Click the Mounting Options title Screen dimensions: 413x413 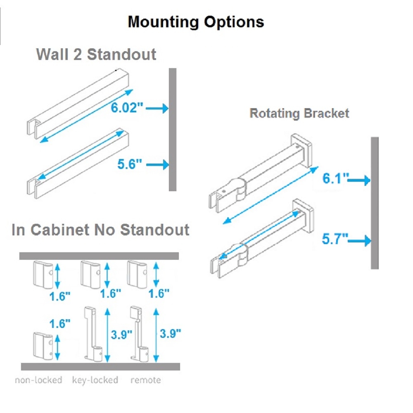[x=196, y=21]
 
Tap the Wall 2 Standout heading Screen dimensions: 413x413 [x=96, y=54]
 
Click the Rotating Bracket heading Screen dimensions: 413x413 [x=299, y=113]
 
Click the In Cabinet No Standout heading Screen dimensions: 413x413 [x=101, y=230]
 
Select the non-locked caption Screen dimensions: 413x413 [x=38, y=380]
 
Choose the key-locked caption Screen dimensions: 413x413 [x=95, y=380]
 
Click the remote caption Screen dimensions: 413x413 [x=146, y=380]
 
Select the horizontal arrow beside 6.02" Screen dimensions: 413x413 [x=157, y=109]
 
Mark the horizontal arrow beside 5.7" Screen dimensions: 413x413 [x=361, y=240]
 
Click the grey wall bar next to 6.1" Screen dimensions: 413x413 [x=375, y=202]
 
